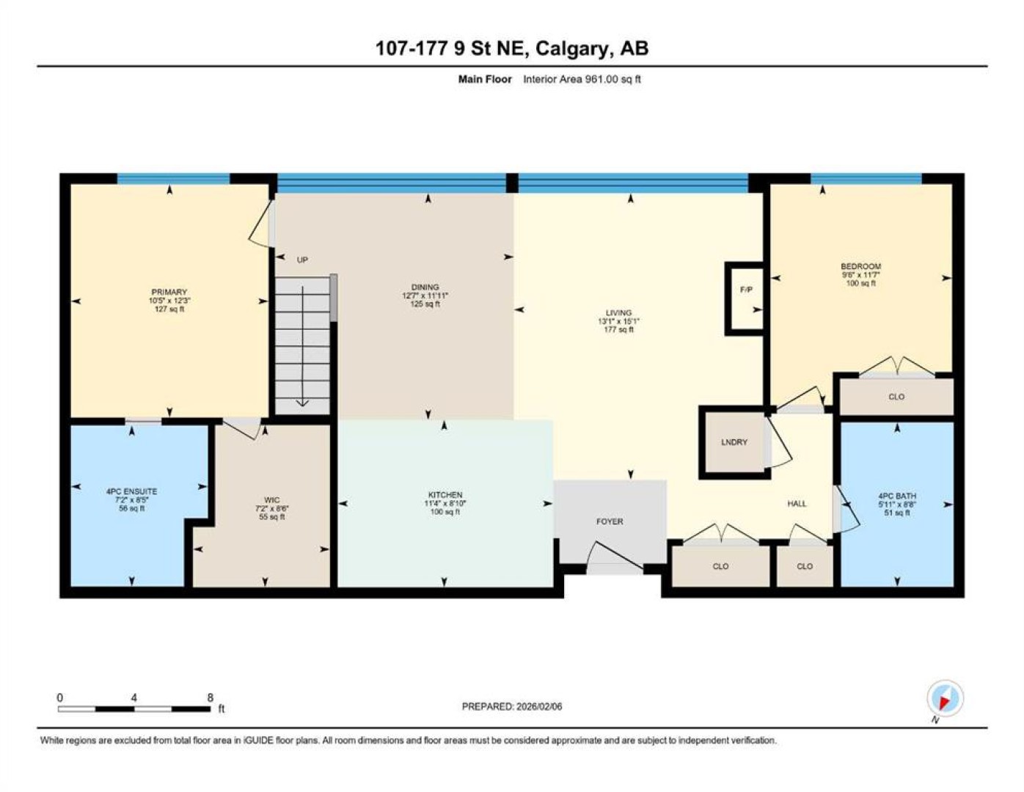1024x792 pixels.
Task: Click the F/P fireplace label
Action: pos(746,290)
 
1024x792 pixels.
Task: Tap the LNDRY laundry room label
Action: pos(734,442)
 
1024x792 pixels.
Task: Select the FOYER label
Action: pos(610,521)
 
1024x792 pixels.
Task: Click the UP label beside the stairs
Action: pos(302,260)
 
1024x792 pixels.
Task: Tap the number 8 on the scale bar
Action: pos(211,697)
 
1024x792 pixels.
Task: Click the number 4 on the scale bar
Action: pos(134,697)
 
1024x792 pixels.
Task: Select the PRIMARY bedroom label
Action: pos(169,292)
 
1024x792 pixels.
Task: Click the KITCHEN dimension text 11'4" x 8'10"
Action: pos(445,503)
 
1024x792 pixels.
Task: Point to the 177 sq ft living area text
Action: pos(619,330)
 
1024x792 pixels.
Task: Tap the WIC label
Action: pos(272,500)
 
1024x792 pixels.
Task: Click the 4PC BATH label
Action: pos(897,496)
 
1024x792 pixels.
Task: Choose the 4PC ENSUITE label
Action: pos(131,491)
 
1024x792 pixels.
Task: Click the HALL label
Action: pos(797,504)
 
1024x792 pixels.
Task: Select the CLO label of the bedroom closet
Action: pos(896,397)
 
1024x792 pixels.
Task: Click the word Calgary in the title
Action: pos(571,48)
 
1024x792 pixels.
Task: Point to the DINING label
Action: pos(425,287)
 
